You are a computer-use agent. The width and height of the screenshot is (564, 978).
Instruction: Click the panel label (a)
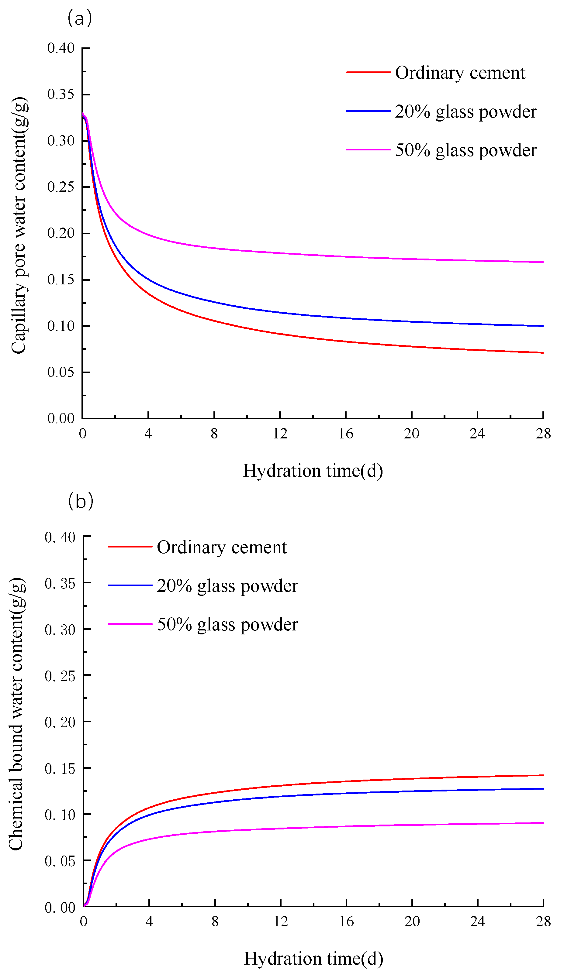pos(79,19)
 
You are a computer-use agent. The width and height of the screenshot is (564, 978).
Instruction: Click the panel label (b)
pos(81,501)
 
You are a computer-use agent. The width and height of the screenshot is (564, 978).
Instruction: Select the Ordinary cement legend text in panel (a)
pos(460,73)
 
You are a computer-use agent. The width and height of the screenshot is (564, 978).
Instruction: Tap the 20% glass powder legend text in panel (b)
pos(227,585)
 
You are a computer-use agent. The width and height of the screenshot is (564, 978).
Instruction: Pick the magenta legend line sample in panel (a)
pos(368,149)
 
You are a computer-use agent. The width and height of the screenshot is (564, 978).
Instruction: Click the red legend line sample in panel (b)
pos(130,547)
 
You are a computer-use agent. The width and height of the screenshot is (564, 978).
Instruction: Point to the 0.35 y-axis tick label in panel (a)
pos(61,94)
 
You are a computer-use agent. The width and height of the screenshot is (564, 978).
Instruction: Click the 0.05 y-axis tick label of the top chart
pos(61,372)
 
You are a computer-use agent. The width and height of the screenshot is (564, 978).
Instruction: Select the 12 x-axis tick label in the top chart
pos(280,434)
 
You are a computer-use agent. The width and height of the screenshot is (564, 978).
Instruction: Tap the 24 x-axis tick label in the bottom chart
pos(477,921)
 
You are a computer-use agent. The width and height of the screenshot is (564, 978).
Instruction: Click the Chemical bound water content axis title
pos(16,714)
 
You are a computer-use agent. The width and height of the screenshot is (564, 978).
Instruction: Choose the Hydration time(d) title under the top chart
pos(313,471)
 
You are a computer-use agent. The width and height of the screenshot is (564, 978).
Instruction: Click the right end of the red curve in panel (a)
pos(543,352)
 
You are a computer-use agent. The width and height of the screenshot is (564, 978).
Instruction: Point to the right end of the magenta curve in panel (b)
pos(543,823)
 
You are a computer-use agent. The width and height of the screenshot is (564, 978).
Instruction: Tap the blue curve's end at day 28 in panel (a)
pos(543,326)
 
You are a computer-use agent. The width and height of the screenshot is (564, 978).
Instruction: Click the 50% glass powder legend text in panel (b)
pos(227,624)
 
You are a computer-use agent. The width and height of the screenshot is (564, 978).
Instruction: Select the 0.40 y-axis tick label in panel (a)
pos(61,48)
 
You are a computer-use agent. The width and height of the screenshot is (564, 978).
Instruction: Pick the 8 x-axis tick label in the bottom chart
pos(215,921)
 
